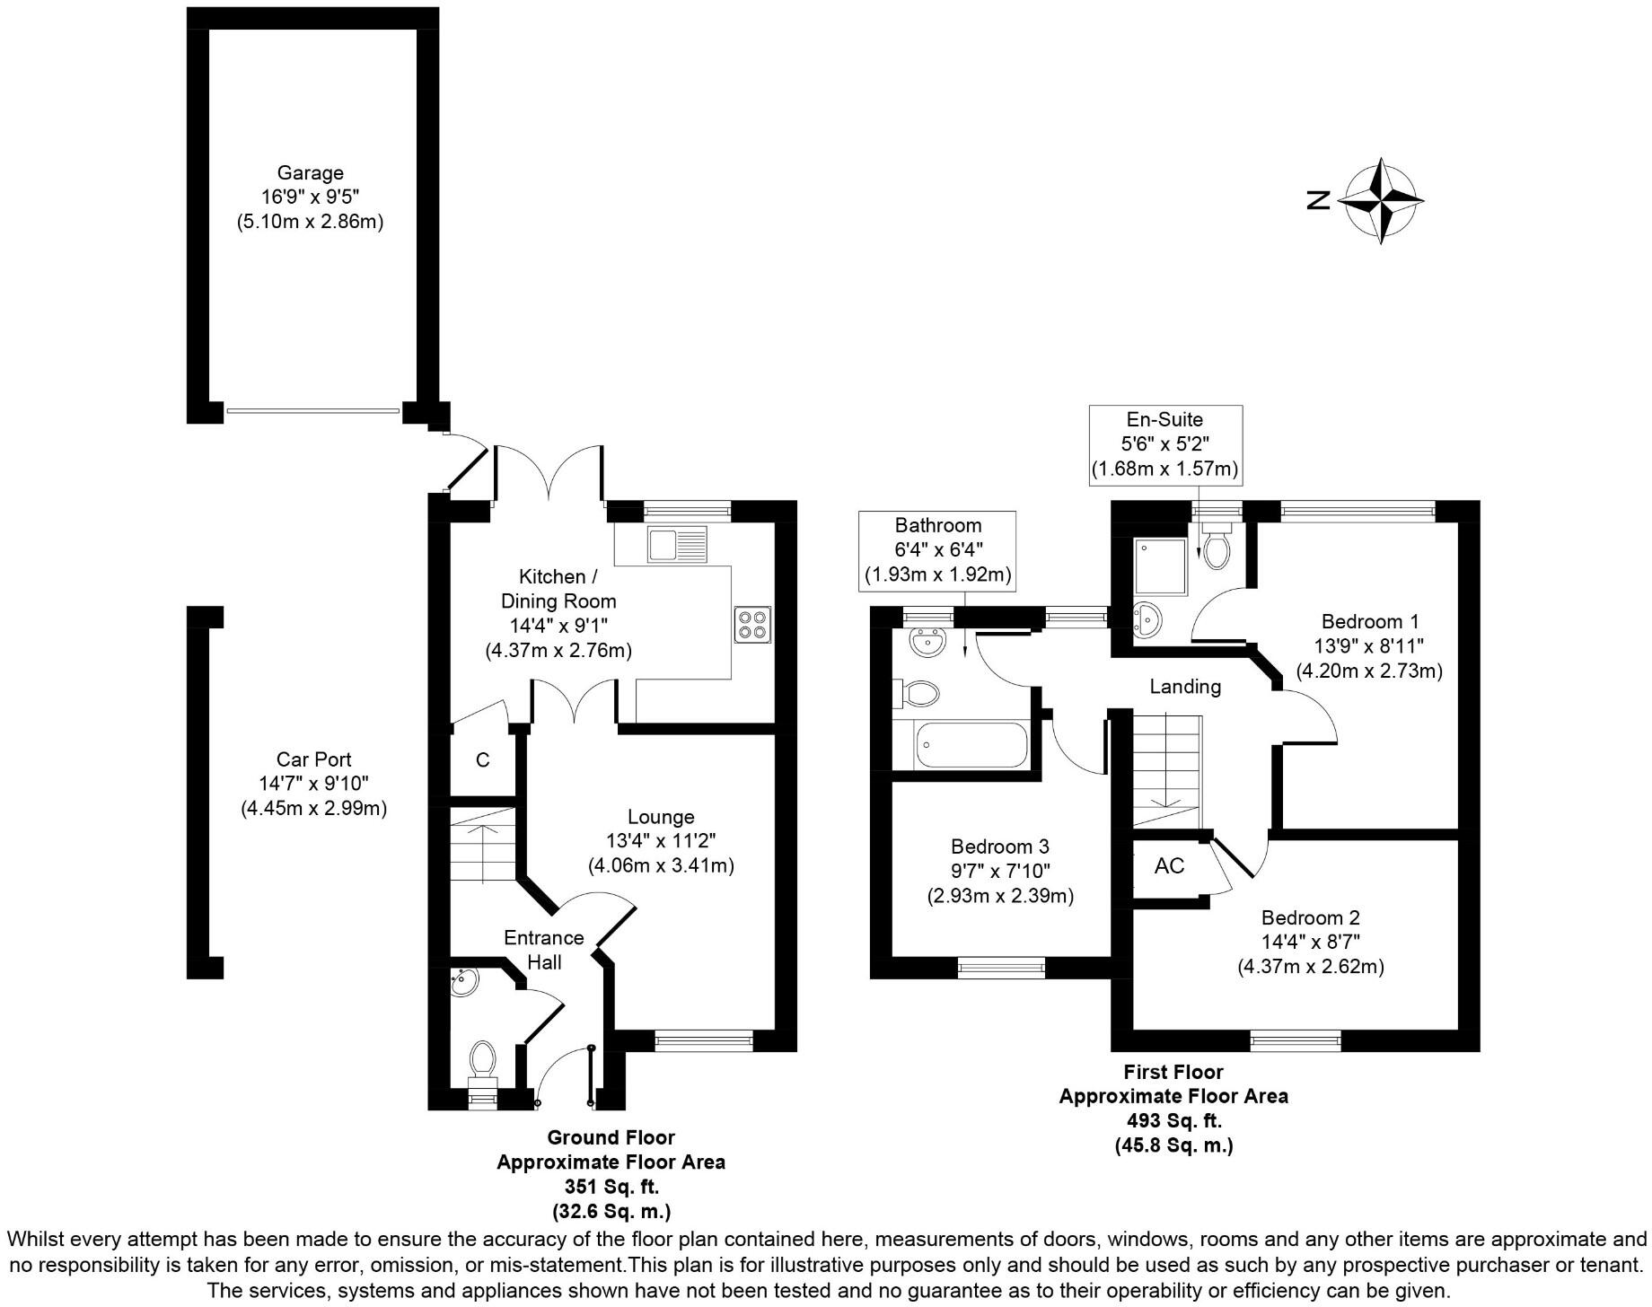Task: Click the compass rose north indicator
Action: tap(1380, 200)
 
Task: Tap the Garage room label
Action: tap(310, 173)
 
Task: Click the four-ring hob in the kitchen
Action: tap(752, 625)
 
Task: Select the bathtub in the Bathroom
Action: tap(970, 745)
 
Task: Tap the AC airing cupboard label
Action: tap(1169, 866)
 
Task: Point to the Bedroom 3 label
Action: tap(999, 846)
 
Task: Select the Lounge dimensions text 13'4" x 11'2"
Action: tap(661, 841)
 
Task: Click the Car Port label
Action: tap(313, 759)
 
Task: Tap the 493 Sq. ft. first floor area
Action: tap(1173, 1120)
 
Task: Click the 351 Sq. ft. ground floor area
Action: tap(611, 1186)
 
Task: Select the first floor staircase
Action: tap(1166, 770)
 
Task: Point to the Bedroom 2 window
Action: tap(1296, 1041)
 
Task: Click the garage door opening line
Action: tap(312, 411)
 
